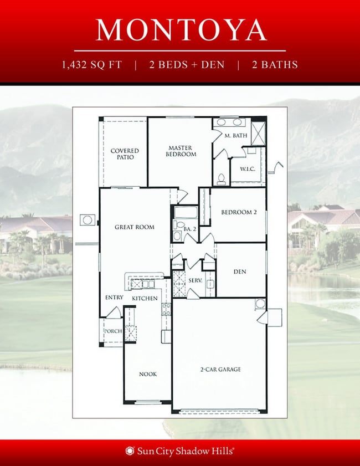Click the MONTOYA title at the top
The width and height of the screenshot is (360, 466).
[x=181, y=30]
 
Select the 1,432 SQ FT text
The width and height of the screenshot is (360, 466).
[x=92, y=65]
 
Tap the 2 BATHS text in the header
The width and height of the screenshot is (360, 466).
[x=275, y=65]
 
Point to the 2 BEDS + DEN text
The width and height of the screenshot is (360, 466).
[x=187, y=65]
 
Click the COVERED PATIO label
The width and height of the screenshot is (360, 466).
[x=125, y=154]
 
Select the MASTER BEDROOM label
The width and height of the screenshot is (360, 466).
[x=181, y=151]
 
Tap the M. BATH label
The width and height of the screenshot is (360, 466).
[x=235, y=136]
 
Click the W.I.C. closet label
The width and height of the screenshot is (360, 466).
[x=246, y=169]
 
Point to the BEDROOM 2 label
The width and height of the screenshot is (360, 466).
[x=239, y=212]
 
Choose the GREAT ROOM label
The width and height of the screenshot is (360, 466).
[x=134, y=227]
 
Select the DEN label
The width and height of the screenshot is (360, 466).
[x=240, y=272]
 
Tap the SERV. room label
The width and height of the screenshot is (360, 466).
[x=195, y=281]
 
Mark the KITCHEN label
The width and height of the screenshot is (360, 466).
[x=145, y=299]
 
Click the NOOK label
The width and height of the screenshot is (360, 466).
[x=147, y=374]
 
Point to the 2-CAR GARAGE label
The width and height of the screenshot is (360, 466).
[x=220, y=369]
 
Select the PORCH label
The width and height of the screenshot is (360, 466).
[x=113, y=331]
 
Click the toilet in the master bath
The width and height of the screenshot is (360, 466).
[x=221, y=178]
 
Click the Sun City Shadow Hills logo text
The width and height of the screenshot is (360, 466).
[x=181, y=451]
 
